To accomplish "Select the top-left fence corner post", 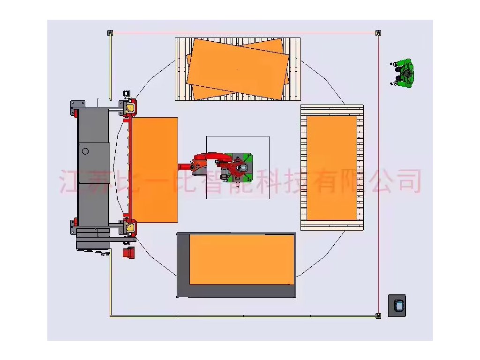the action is [110, 33].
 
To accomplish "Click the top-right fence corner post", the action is [378, 33].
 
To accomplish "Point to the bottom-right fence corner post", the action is [378, 315].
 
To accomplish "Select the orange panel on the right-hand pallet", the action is [332, 167].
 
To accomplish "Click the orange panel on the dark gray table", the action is [241, 259].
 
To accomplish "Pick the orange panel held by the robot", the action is [155, 170].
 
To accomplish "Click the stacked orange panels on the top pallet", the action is [238, 68].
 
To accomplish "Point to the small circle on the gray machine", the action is [85, 151].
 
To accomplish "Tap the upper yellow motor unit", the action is [130, 108].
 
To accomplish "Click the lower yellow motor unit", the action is [130, 228].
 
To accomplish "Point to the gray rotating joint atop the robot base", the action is [242, 168].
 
